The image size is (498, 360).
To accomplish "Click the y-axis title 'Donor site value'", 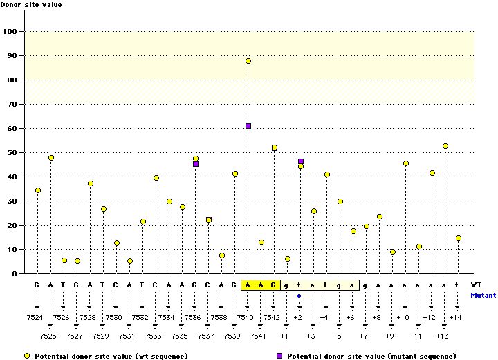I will tap(30, 5).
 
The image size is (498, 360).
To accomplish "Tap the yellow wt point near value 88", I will tap(248, 61).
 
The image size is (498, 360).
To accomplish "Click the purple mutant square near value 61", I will tap(248, 126).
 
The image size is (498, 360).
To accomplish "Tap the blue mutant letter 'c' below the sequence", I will tap(300, 295).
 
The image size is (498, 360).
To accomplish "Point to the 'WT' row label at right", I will tap(476, 285).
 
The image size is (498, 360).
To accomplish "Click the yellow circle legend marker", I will tap(26, 356).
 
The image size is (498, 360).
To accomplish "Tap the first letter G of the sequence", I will tap(37, 285).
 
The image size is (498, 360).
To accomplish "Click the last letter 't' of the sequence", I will tap(458, 285).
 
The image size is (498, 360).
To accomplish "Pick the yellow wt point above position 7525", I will tap(51, 158).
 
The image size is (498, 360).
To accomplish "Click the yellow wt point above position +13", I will tap(445, 146).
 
